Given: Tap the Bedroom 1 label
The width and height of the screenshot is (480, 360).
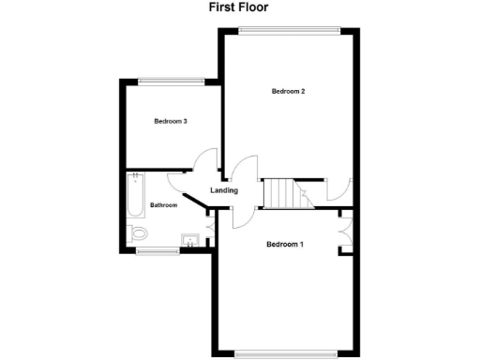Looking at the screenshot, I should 285,246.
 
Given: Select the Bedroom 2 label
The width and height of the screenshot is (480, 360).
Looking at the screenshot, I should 289,91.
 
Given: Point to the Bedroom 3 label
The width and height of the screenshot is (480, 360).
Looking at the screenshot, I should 172,121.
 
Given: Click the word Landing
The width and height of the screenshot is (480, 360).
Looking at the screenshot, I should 224,191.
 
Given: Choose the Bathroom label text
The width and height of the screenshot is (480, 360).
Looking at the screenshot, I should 164,205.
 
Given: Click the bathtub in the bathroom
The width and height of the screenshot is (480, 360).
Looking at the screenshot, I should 134,196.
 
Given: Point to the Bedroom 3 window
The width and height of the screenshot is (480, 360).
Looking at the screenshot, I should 171,82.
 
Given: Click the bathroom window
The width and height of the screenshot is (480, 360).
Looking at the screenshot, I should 157,251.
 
